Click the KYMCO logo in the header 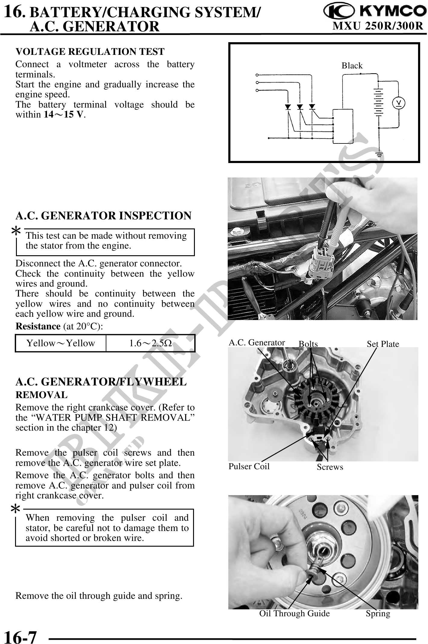click(374, 12)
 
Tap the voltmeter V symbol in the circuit click(399, 103)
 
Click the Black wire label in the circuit click(352, 66)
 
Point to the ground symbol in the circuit click(379, 155)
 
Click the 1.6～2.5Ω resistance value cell click(150, 343)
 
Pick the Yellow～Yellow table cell click(61, 343)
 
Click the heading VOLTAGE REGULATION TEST click(90, 52)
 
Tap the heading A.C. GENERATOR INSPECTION click(103, 216)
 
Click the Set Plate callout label click(383, 344)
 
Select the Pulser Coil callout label click(249, 466)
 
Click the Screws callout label click(330, 467)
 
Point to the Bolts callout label click(308, 344)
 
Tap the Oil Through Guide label click(294, 613)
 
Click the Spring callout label click(378, 613)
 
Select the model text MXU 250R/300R click(378, 27)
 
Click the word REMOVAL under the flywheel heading click(42, 395)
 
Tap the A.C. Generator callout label click(257, 343)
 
